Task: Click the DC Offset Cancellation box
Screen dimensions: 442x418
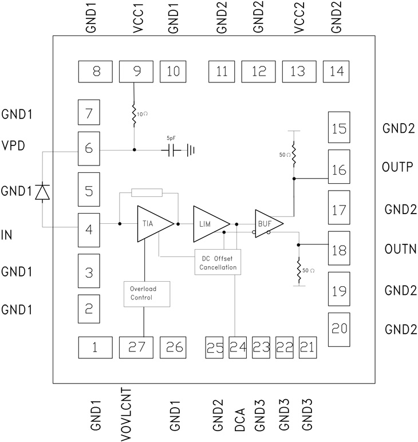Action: [x=218, y=262]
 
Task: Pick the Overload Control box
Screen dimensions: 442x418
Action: [x=143, y=293]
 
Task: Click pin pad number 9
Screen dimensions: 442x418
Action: [x=136, y=72]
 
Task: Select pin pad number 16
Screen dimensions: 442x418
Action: [x=340, y=169]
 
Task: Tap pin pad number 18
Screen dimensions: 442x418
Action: [x=340, y=250]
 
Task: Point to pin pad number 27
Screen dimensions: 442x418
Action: [x=136, y=346]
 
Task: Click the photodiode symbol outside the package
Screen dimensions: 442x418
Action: [x=42, y=192]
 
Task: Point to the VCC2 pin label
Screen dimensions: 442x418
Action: [x=298, y=21]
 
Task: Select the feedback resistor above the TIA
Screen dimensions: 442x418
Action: [x=147, y=192]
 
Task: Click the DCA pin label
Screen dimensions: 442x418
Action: [x=239, y=420]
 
